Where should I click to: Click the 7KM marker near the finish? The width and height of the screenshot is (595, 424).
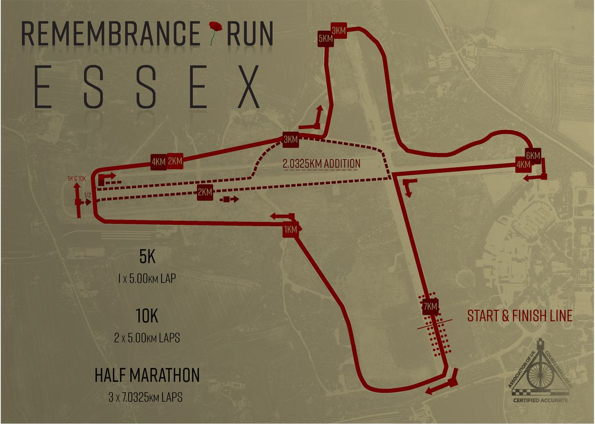pos(430,307)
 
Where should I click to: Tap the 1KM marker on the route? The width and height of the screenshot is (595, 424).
pos(291,229)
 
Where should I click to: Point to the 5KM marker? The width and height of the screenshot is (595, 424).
pos(326,39)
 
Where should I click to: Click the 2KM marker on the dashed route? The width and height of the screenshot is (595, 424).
pos(205,192)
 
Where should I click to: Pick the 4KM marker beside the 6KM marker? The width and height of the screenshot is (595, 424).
pos(523,165)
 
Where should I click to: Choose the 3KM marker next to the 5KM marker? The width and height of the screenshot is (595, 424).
pos(339,30)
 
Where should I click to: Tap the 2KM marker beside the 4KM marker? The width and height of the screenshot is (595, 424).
pos(175,161)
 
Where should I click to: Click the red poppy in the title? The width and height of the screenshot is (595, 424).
pos(214,30)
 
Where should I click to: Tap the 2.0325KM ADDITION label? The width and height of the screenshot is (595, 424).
pos(321,163)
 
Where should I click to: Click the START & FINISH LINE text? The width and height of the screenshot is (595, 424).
pos(520,316)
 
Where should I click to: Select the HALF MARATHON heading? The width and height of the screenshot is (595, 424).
pos(147,375)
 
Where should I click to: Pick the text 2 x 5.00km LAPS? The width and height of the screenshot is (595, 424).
pos(147,339)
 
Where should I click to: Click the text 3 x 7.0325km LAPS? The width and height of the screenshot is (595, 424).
pos(147,398)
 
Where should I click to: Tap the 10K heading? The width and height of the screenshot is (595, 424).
pos(147,316)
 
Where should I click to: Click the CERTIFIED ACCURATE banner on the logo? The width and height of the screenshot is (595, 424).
pos(540,400)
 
